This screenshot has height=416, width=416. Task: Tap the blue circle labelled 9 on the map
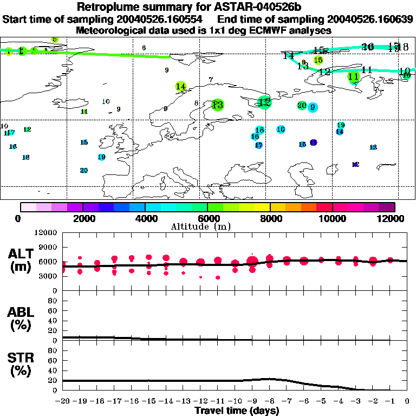[313, 107]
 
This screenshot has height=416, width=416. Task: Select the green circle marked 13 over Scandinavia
[218, 105]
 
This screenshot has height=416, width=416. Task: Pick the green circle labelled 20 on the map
[302, 105]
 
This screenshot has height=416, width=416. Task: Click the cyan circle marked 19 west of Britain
[101, 157]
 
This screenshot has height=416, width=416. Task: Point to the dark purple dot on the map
[314, 142]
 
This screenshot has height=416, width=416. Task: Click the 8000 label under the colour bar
[269, 219]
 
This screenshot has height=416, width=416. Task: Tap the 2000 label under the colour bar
[82, 219]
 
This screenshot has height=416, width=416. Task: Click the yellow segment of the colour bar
[262, 207]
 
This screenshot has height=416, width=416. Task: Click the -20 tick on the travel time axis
[63, 401]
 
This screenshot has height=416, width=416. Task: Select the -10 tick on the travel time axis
[235, 401]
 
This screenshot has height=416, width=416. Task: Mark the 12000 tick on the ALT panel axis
[47, 232]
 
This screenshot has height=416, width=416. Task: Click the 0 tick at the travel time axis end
[407, 401]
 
